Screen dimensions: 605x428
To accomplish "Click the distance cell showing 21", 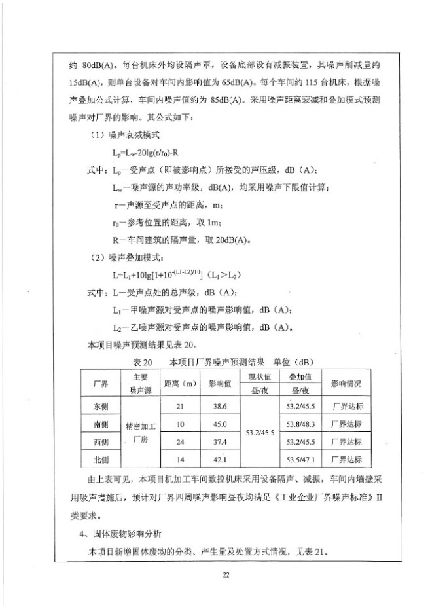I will coord(181,407).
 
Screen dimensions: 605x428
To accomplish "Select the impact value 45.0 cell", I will coord(219,424).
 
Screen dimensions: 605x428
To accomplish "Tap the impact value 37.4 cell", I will coord(219,441).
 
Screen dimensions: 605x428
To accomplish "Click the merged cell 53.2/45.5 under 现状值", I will coord(260,433).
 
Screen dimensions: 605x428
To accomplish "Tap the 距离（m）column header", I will coord(181,384).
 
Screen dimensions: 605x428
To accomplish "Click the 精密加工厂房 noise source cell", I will coord(141,433).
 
